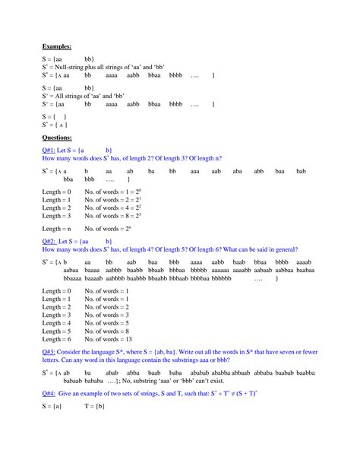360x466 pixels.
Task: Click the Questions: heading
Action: coord(58,138)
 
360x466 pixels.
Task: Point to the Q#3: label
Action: coord(52,353)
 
